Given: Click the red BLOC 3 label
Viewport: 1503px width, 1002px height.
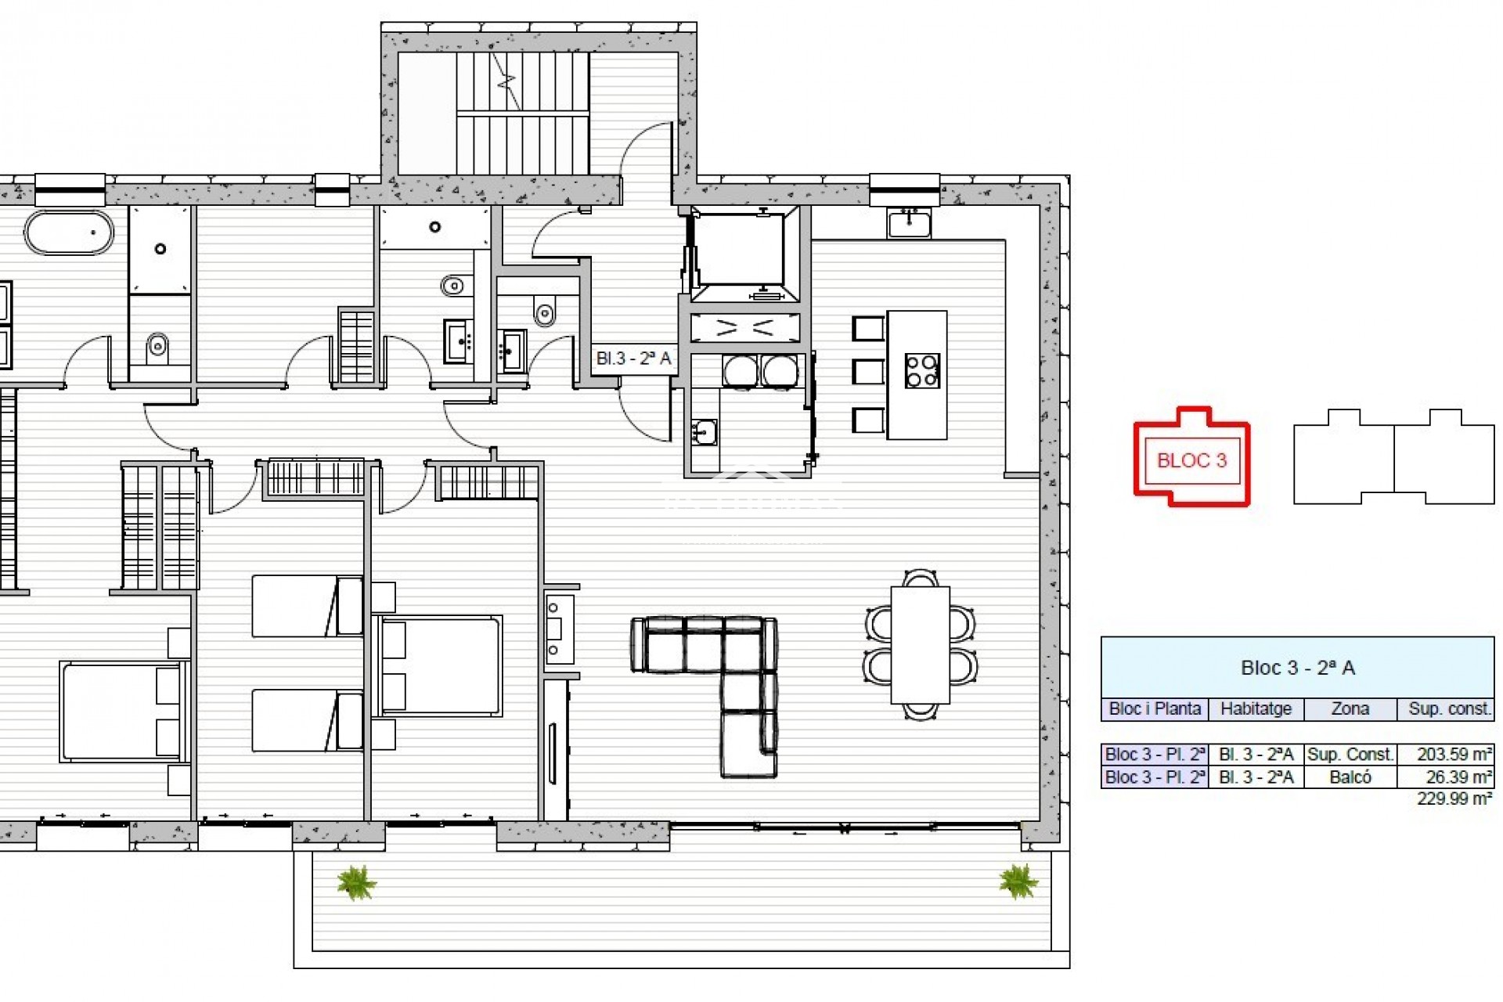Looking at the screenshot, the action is click(1191, 460).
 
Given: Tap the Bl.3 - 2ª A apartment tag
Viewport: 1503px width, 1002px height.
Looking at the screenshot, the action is click(634, 359).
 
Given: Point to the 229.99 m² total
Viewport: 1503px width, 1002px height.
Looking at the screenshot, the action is click(1454, 798).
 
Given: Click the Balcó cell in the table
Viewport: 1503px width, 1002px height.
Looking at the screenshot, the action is click(1350, 777).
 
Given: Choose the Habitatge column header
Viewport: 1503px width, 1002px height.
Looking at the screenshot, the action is click(1256, 709).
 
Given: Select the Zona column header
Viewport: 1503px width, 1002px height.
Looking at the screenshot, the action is click(1350, 709).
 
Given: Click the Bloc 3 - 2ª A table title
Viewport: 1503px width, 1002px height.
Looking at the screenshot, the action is click(1297, 668).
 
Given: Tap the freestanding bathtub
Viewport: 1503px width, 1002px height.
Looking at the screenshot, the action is click(69, 232).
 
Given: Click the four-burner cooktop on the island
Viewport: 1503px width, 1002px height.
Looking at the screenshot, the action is click(922, 371).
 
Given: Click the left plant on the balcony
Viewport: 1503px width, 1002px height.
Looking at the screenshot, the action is click(356, 882).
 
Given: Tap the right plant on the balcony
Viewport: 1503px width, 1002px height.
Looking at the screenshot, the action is click(1018, 881).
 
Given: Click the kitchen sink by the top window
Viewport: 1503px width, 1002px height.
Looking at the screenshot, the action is click(909, 222).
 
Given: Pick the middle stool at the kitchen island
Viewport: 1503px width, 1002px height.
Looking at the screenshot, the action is click(867, 372).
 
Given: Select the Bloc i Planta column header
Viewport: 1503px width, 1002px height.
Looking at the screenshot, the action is click(1155, 709).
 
